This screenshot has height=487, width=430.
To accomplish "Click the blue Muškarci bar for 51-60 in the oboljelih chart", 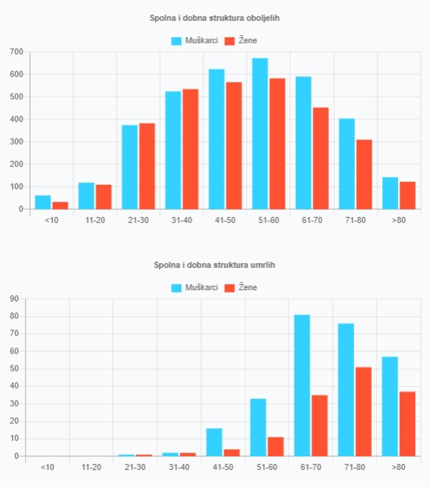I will [x=260, y=134].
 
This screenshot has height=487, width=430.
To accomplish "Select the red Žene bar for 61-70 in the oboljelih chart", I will [x=321, y=158].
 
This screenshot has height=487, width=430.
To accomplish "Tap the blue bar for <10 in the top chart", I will [x=43, y=202].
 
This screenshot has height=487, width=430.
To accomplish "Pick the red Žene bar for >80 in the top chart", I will [x=408, y=195].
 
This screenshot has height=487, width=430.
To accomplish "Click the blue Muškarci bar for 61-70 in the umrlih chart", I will [x=302, y=385].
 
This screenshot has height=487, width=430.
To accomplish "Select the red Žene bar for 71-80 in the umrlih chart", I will [x=364, y=411].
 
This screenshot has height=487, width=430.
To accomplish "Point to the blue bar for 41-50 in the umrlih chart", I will [x=214, y=442].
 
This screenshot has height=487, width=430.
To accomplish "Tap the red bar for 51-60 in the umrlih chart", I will [x=276, y=446].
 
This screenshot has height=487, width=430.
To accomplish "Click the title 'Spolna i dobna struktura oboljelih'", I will [x=215, y=18].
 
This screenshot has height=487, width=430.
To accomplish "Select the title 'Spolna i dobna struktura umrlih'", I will [x=215, y=265].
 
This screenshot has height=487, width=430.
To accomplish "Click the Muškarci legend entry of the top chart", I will [x=194, y=41].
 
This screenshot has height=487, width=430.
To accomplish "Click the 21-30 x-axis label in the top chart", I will [x=138, y=220].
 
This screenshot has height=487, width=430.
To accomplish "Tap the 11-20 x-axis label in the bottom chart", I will [x=91, y=467].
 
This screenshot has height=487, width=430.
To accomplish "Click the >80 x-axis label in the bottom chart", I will [x=398, y=467].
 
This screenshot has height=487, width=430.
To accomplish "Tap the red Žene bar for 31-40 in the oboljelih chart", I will [x=190, y=149].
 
